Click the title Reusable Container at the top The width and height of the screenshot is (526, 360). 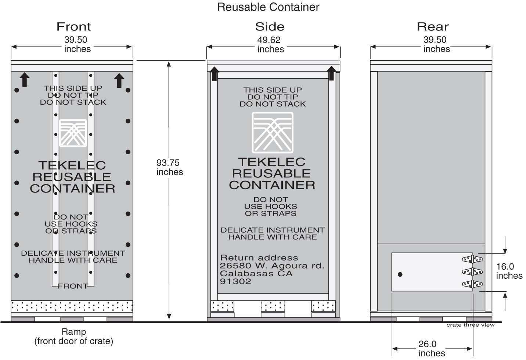[x=268, y=7]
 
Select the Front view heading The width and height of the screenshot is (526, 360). [x=73, y=27]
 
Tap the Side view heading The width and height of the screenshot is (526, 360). [x=270, y=27]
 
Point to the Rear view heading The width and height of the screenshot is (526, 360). [x=432, y=27]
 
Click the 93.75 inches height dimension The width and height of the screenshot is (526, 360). [x=169, y=168]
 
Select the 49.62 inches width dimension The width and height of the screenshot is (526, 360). [x=270, y=44]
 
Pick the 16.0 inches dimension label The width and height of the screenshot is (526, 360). [x=509, y=271]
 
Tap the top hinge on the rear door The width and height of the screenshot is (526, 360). [x=472, y=259]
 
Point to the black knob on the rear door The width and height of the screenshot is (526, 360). [x=400, y=274]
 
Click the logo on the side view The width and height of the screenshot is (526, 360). [x=273, y=132]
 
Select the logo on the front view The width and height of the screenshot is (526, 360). [x=73, y=133]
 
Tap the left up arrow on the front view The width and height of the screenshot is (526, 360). [x=24, y=80]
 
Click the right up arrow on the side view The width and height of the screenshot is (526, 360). [x=331, y=73]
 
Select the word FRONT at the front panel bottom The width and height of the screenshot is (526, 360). [x=73, y=286]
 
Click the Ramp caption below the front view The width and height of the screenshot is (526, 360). [x=73, y=332]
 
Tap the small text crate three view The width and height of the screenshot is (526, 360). [x=470, y=325]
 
